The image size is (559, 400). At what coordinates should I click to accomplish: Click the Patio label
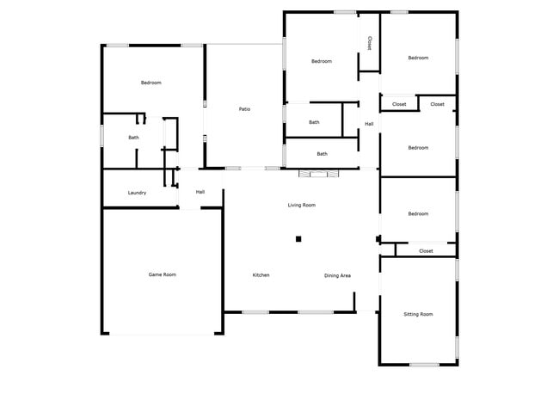pos(244,109)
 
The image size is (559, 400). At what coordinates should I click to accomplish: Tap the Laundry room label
pos(137,193)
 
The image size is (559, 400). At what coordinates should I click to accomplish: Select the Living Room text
pos(301,205)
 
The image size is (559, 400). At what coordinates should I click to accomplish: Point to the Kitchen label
pos(261,275)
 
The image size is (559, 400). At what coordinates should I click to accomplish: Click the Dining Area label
pos(337,275)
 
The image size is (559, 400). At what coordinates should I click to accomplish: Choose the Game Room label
pos(163,274)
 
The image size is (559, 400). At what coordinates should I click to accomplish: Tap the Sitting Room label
pos(418,314)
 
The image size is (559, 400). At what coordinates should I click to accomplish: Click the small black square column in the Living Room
pos(298,239)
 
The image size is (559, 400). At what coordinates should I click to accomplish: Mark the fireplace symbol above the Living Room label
pos(320,174)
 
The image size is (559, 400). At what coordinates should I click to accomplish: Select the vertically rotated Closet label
pos(369,42)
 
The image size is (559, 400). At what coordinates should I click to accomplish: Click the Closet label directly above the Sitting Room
pos(426,250)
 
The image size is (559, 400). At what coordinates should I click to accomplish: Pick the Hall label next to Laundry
pos(200,192)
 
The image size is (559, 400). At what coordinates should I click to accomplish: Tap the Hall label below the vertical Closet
pos(369,124)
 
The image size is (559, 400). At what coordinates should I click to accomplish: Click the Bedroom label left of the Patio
pos(151,83)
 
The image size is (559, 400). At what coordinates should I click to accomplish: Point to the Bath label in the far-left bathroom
pos(134,138)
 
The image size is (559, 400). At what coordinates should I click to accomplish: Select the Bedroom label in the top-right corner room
pos(418,58)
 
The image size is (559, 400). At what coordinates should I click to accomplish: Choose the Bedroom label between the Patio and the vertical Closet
pos(322,61)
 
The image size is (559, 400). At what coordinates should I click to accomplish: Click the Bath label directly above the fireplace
pos(322,154)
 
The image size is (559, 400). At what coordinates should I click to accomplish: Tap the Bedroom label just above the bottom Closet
pos(418,213)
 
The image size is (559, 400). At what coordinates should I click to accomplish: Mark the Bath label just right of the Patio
pos(314,122)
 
